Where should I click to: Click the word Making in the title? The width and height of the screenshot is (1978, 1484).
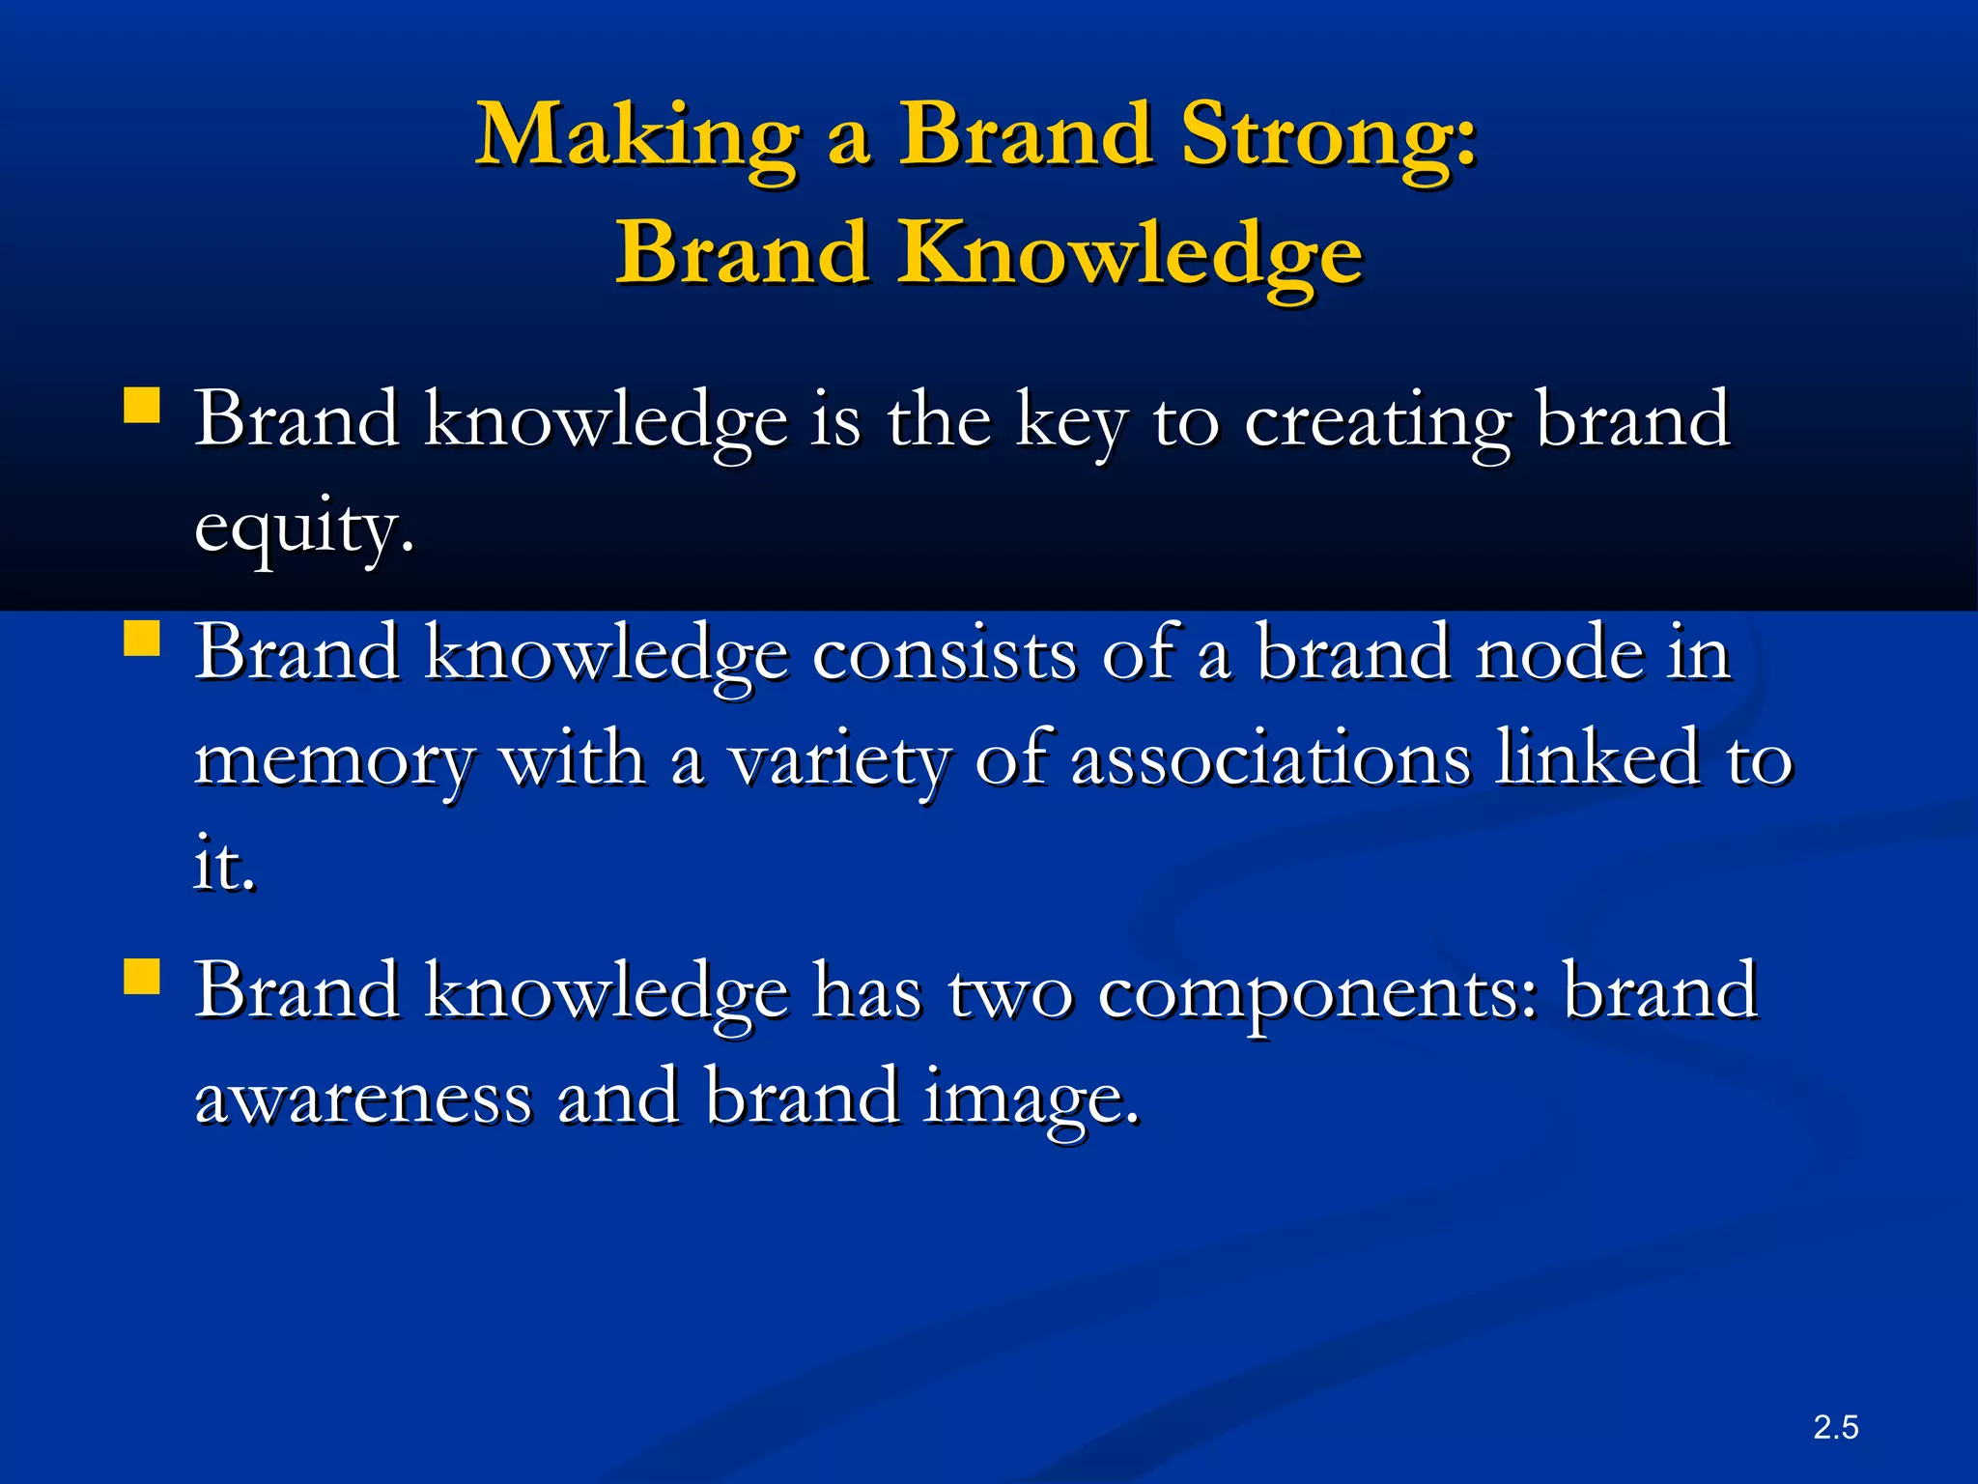(637, 137)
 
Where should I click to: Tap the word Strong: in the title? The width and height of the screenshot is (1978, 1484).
(1329, 137)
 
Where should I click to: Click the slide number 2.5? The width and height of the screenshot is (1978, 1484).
(1835, 1427)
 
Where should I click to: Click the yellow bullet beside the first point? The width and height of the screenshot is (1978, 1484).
(142, 406)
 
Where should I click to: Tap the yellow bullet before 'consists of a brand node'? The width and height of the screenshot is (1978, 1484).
(142, 639)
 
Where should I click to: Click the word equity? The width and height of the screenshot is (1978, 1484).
(304, 529)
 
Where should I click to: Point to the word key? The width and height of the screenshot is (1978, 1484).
(1071, 423)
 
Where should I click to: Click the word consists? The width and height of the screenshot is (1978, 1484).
(945, 655)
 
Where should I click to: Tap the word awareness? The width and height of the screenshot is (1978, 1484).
(363, 1099)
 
